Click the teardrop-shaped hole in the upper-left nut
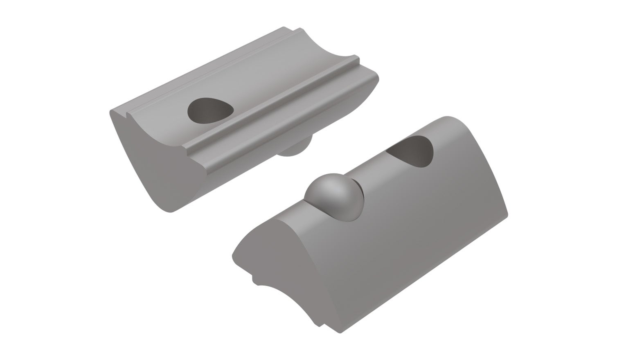[209, 110]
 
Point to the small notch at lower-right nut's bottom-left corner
[254, 280]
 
